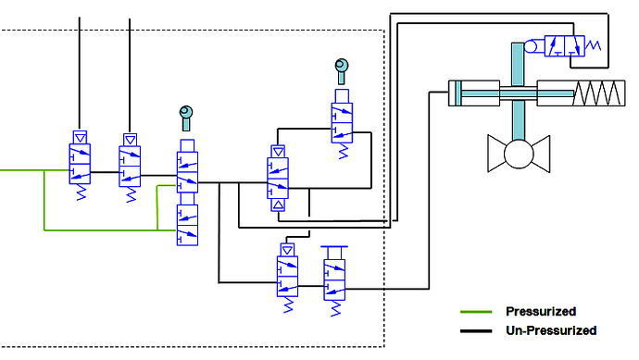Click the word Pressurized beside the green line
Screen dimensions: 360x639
(541, 311)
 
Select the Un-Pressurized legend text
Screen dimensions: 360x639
(550, 330)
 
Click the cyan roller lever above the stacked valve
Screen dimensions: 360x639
(186, 116)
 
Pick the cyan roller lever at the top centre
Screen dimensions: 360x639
(341, 67)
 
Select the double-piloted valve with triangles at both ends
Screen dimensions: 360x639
(277, 176)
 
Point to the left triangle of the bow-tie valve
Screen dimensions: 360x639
(499, 149)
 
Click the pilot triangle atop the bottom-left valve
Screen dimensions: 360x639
(287, 250)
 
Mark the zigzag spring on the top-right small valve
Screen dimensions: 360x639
(593, 46)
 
